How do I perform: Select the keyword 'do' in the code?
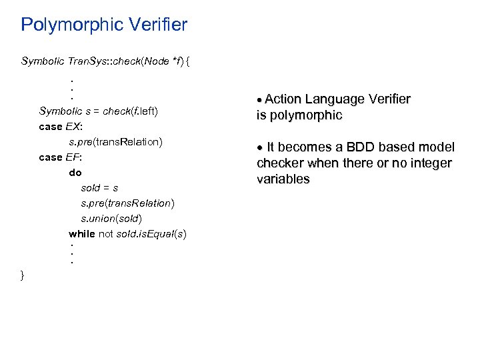tap(75, 173)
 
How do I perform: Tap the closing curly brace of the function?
tap(23, 275)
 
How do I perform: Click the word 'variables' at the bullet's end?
tap(283, 179)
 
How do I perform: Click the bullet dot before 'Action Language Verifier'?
tap(260, 100)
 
